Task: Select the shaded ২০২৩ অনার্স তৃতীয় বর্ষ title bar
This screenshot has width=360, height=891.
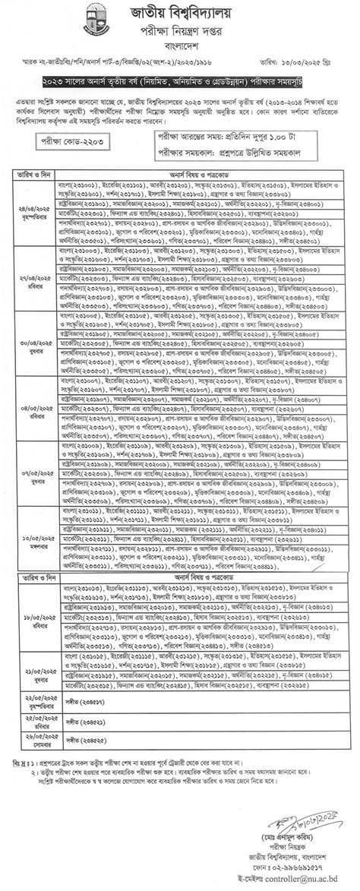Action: point(180,80)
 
